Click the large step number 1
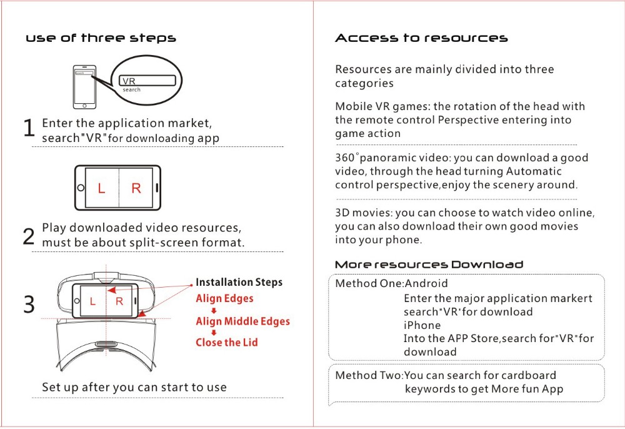coord(29,128)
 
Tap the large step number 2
coord(29,236)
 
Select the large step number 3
coord(29,305)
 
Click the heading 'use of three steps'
coord(101,38)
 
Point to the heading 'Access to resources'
coord(421,38)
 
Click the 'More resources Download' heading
coord(429,265)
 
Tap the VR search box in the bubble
coord(147,81)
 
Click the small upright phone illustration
coord(84,87)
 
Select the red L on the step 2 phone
coord(102,188)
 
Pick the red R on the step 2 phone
coord(136,188)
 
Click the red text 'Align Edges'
coord(224,299)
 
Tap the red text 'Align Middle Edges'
coord(242,321)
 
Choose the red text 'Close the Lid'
coord(226,343)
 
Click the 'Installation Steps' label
coord(239,282)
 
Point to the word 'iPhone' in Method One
coord(422,325)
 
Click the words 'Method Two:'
coord(369,375)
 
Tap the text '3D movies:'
coord(364,213)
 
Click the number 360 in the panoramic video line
coord(345,158)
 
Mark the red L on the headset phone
coord(93,301)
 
